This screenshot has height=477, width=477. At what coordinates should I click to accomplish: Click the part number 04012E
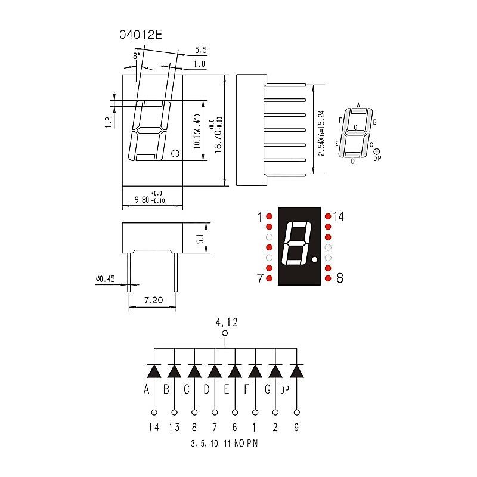141,35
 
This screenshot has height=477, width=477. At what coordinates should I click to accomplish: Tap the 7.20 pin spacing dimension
153,301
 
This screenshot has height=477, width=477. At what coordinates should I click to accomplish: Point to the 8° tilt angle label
137,55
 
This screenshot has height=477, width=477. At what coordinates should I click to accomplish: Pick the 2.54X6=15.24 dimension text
321,133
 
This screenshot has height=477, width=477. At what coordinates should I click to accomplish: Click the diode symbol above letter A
154,371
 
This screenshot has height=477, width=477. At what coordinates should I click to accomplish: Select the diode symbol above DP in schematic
296,371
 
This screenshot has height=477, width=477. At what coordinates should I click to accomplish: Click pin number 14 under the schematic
154,427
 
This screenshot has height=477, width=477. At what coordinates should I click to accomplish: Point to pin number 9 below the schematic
296,427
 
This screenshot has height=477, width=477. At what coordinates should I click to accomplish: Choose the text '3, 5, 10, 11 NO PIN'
224,444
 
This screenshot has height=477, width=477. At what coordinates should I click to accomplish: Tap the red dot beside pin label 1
269,216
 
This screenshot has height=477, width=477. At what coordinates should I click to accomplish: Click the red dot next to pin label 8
328,278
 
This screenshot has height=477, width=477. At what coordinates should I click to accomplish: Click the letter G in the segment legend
355,127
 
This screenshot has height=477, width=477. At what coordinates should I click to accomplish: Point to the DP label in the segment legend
377,159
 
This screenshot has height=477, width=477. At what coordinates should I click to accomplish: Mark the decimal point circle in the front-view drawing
175,154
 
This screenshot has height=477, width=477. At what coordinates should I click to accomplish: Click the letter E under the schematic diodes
227,391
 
